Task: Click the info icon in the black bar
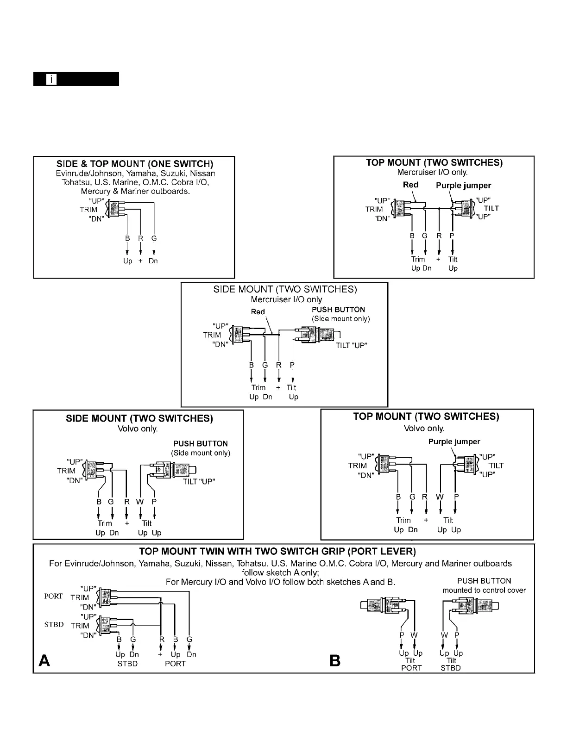coord(51,79)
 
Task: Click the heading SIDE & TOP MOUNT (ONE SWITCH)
coord(135,164)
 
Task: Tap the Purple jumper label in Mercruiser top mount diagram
coord(463,186)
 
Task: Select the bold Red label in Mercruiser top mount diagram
coord(410,185)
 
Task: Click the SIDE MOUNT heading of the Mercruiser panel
coord(285,290)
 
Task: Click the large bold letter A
coord(44,660)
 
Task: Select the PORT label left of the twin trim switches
coord(53,596)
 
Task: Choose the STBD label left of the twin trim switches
coord(54,625)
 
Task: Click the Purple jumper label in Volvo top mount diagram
coord(454,442)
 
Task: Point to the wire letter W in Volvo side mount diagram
coord(140,502)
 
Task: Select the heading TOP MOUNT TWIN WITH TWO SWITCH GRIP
coord(277,552)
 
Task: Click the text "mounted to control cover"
coord(484,590)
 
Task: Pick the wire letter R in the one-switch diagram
coord(140,238)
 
